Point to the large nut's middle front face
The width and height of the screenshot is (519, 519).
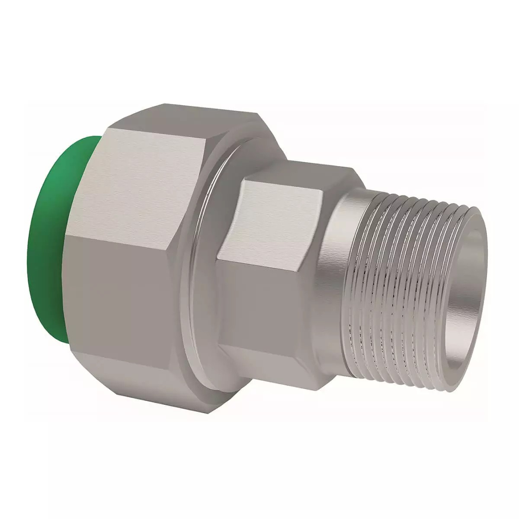pyautogui.click(x=121, y=294)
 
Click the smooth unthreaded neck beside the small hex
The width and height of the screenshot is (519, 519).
pyautogui.click(x=333, y=277)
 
